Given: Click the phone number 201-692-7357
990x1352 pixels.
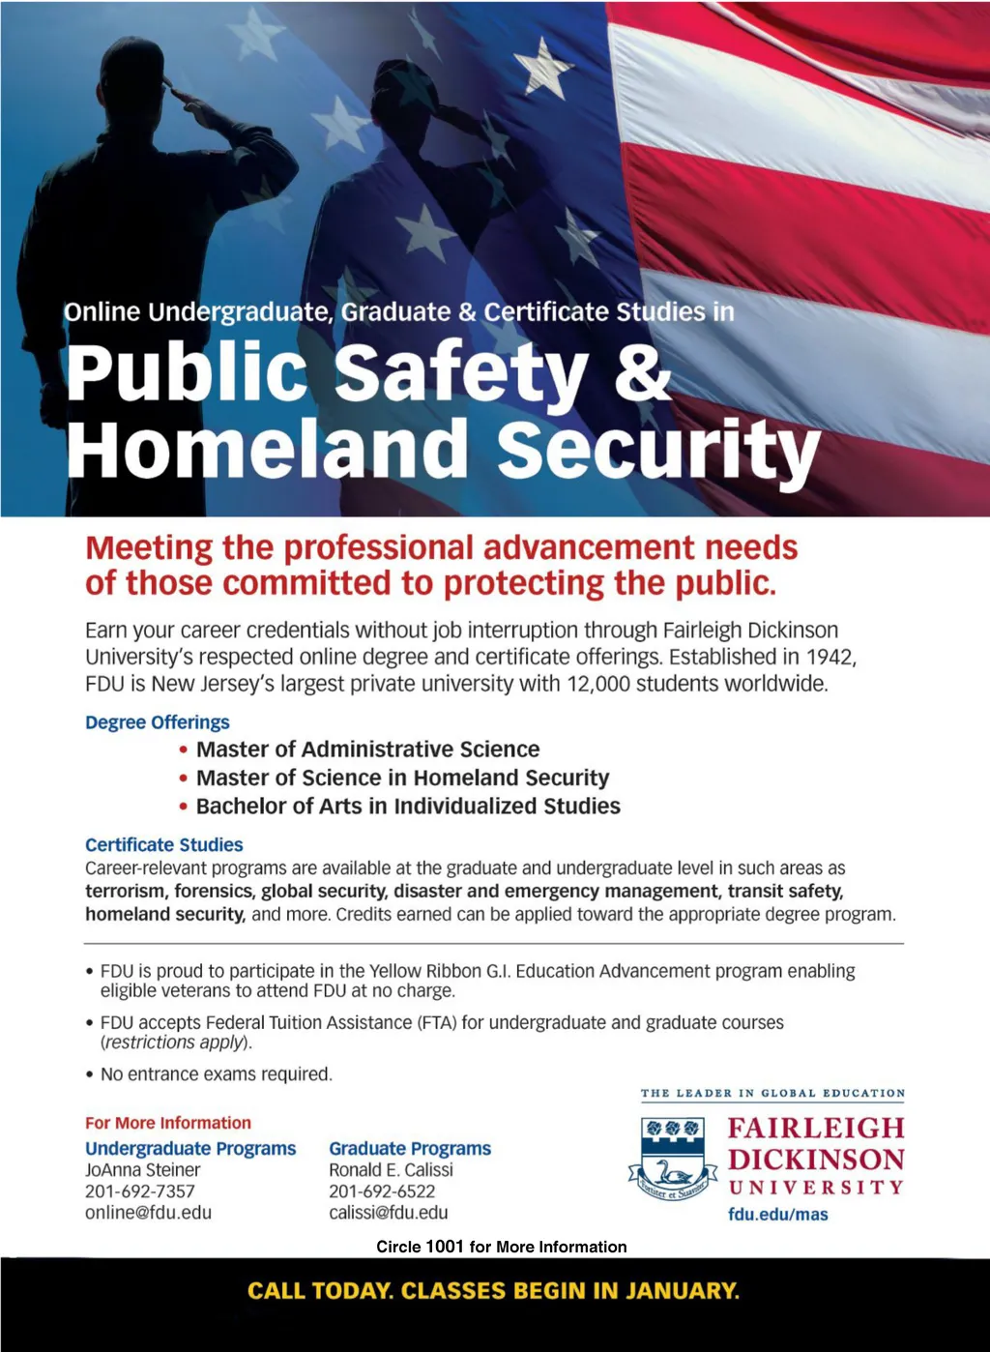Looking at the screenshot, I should click(140, 1191).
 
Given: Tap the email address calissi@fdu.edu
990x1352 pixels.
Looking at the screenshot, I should click(389, 1213).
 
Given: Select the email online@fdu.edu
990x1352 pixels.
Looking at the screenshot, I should click(148, 1213).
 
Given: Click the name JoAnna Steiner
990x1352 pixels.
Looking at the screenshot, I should click(143, 1170).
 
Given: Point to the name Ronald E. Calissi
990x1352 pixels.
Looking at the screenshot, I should click(391, 1170).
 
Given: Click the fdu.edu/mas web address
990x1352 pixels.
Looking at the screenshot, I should click(778, 1215).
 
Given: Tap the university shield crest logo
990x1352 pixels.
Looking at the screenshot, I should click(673, 1159).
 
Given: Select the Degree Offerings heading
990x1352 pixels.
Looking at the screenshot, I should click(158, 722).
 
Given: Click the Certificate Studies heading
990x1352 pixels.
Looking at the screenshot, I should click(164, 845).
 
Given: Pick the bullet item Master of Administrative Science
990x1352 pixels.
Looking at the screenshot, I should click(367, 749).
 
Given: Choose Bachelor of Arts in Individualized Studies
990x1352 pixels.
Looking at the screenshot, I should click(408, 807).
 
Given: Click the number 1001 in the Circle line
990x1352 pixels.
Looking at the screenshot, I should click(444, 1247).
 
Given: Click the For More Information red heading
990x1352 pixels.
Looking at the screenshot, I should click(168, 1123).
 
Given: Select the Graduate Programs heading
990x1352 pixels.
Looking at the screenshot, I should click(410, 1149).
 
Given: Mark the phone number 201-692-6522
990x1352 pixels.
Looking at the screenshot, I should click(382, 1191).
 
